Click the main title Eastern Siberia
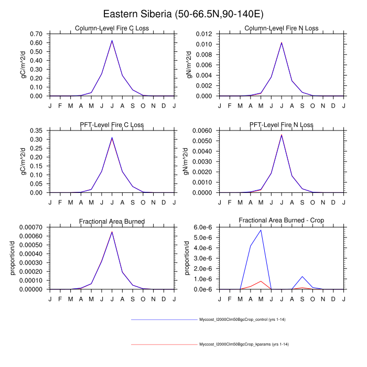click(183, 14)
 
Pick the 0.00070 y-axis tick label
click(33, 227)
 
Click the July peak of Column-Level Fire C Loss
click(112, 40)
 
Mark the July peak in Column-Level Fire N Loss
click(282, 42)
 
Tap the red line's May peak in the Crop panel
click(261, 281)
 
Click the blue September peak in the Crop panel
click(302, 276)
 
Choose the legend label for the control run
click(242, 319)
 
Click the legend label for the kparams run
click(244, 344)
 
